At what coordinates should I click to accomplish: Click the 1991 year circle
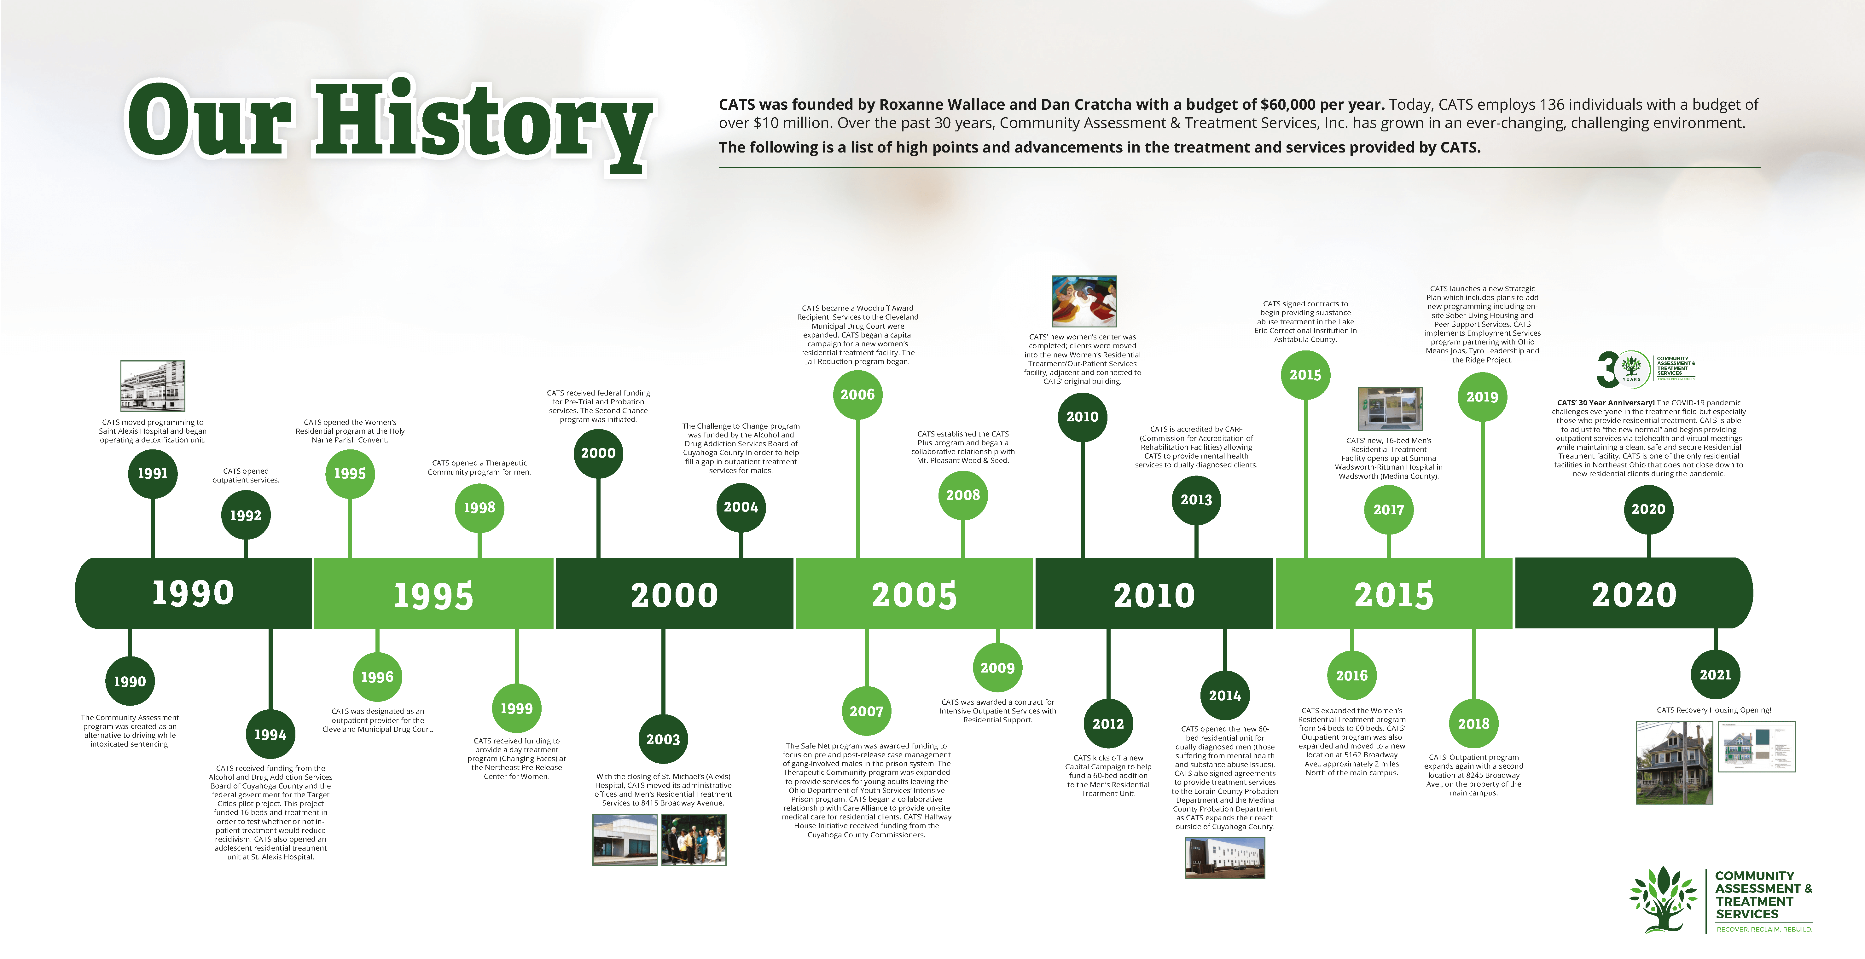click(x=153, y=473)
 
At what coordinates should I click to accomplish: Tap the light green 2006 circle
click(x=858, y=395)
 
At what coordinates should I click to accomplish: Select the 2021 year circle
click(x=1715, y=674)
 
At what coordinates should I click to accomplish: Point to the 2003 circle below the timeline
click(x=663, y=739)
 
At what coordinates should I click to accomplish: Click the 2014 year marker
click(x=1225, y=696)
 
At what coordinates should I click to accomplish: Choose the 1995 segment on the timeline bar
click(x=434, y=593)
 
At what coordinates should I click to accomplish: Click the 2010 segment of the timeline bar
click(x=1154, y=593)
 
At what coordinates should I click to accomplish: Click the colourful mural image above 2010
click(x=1084, y=301)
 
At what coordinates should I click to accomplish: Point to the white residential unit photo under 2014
click(x=1225, y=858)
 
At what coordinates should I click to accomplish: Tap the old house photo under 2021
click(x=1675, y=762)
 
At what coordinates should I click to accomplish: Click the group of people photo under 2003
click(x=694, y=840)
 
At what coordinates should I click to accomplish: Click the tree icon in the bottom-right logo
click(x=1663, y=899)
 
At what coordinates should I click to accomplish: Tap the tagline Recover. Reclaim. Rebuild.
click(x=1763, y=929)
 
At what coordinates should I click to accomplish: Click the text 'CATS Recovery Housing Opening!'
click(x=1714, y=710)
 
